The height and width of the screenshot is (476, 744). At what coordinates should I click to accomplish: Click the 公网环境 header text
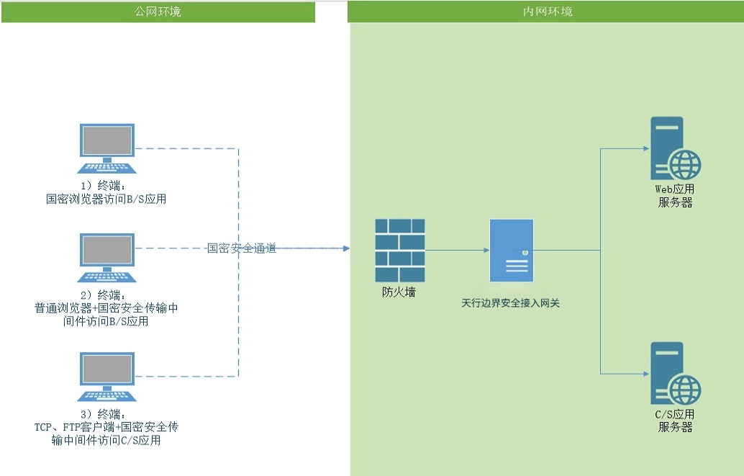(158, 12)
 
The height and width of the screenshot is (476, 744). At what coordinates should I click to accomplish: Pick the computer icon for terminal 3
(106, 377)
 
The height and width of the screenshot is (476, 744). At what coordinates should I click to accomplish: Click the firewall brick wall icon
(400, 251)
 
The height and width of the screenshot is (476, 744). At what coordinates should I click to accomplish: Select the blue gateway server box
(512, 251)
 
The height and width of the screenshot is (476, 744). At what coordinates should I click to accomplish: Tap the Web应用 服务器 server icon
(673, 149)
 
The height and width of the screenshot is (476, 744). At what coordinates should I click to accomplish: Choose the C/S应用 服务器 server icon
(675, 374)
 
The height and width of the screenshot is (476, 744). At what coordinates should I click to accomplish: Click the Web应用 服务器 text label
(675, 196)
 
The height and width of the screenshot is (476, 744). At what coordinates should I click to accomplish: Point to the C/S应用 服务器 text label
(675, 421)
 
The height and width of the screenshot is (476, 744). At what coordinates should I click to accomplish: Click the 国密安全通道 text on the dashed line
(242, 248)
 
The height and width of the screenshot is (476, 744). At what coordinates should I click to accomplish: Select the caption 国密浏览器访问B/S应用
(106, 199)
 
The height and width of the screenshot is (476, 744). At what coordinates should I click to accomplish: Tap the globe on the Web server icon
(684, 166)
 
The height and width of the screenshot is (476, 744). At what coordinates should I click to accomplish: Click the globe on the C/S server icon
(684, 390)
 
